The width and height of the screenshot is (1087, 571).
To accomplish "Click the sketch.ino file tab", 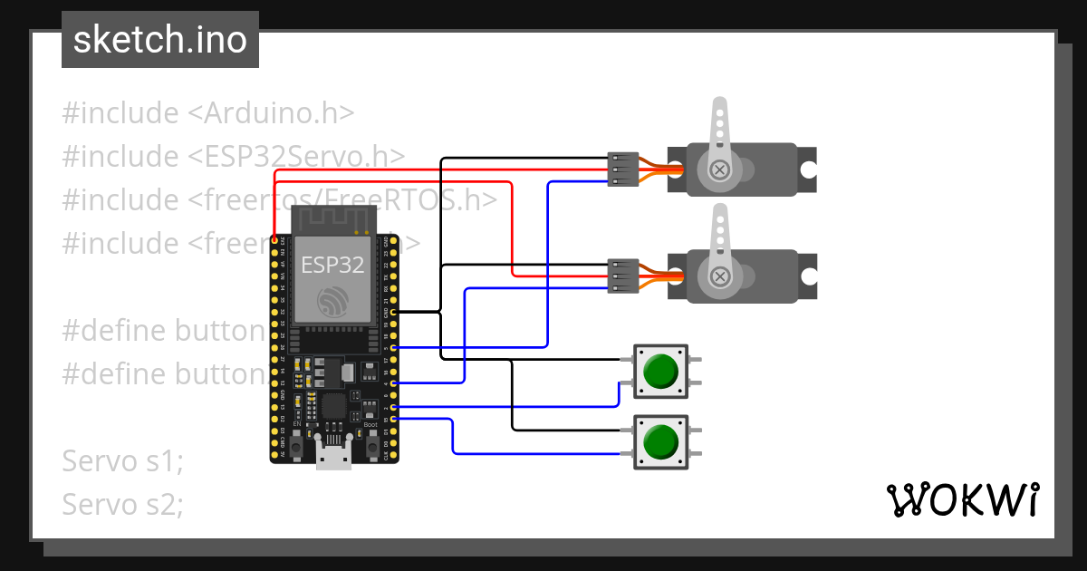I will point(159,40).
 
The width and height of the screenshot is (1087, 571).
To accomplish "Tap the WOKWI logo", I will point(962,499).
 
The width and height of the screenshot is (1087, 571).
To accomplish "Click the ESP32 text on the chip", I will point(332,266).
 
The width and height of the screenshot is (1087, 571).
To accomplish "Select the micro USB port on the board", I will point(332,455).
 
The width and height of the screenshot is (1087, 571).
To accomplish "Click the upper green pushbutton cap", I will point(659,371).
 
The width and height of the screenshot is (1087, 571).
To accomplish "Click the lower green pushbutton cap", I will point(659,442).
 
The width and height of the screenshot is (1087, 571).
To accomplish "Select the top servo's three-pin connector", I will point(623,169).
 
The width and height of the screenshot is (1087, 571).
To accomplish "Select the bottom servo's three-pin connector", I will point(623,276).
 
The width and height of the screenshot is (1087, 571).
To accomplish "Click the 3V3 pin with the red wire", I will point(275,240).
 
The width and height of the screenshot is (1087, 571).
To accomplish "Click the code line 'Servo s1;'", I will point(122,460).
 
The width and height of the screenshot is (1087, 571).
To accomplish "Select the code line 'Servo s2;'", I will point(122,503).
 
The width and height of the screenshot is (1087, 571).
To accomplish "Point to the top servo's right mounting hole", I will point(807,169).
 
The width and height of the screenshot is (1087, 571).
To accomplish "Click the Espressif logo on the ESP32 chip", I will point(332,302).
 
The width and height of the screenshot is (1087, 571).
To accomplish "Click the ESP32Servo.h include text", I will point(297,156).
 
